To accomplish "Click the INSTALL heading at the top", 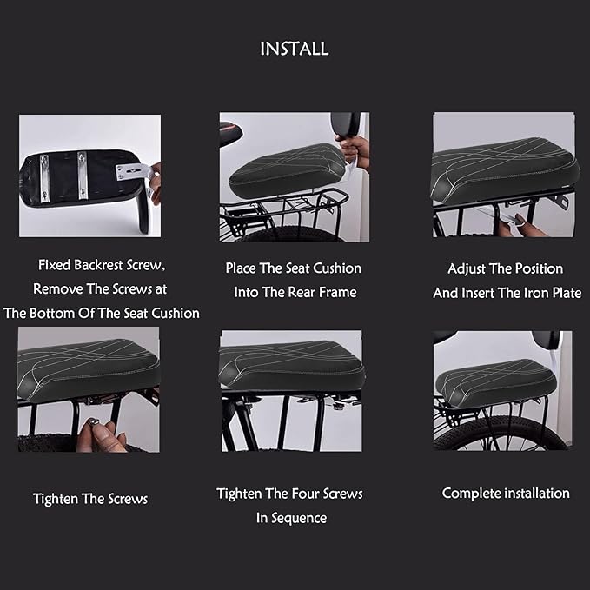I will point(295,49).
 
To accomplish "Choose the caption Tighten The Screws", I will point(90,499).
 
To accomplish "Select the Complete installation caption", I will point(506,493).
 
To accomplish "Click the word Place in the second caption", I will point(244,268).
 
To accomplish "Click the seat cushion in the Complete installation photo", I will point(495,381).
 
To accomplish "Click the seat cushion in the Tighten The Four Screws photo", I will point(291,362).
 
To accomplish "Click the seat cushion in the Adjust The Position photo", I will point(504,165).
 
